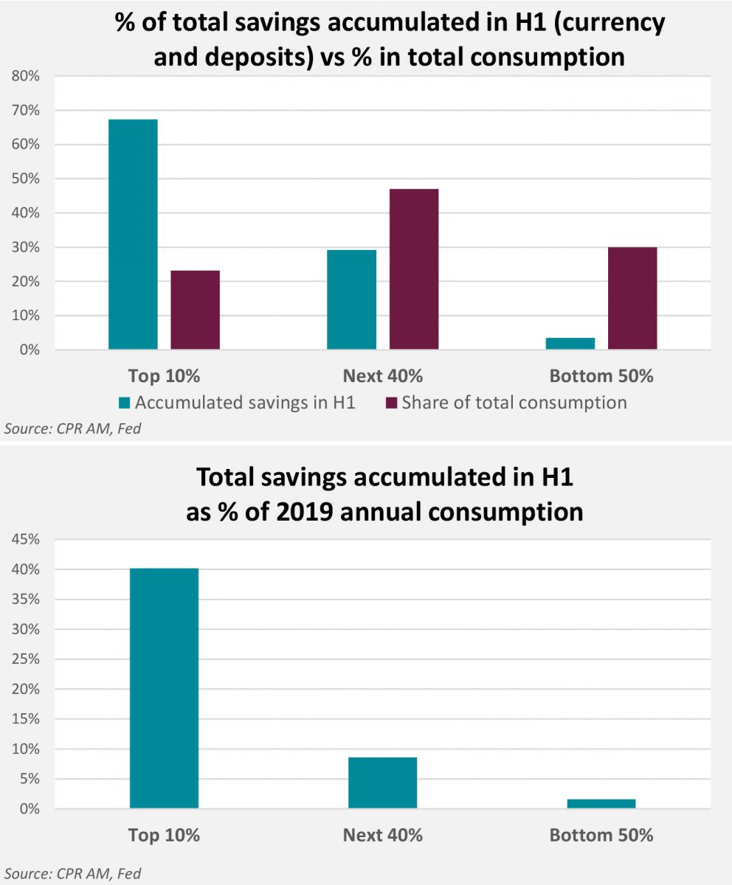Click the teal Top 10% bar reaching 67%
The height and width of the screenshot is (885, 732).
point(133,234)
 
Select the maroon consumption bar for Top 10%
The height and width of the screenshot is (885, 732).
point(195,310)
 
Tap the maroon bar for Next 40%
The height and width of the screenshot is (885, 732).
point(414,269)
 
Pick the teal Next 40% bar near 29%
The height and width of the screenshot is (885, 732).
point(351,299)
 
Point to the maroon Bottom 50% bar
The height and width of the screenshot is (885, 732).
point(632,298)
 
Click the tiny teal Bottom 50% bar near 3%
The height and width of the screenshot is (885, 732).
point(570,344)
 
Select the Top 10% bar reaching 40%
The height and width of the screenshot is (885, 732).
point(164,688)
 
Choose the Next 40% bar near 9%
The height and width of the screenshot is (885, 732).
point(382,782)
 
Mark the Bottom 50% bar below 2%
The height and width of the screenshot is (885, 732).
point(601,804)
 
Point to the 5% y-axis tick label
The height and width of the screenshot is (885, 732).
point(28,779)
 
